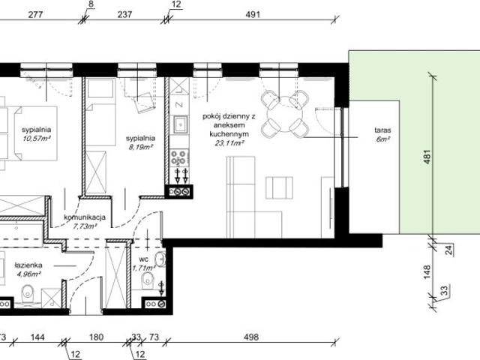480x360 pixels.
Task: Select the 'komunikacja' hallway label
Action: (x=85, y=217)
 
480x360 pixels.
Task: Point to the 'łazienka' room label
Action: (x=26, y=265)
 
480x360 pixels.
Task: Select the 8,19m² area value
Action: (x=140, y=148)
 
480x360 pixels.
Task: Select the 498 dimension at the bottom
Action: (x=250, y=337)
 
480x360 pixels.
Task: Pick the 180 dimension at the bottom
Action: (x=96, y=337)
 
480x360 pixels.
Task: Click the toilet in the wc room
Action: (x=145, y=282)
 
